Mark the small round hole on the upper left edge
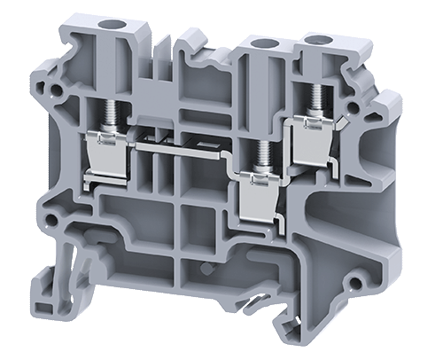[57, 89]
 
